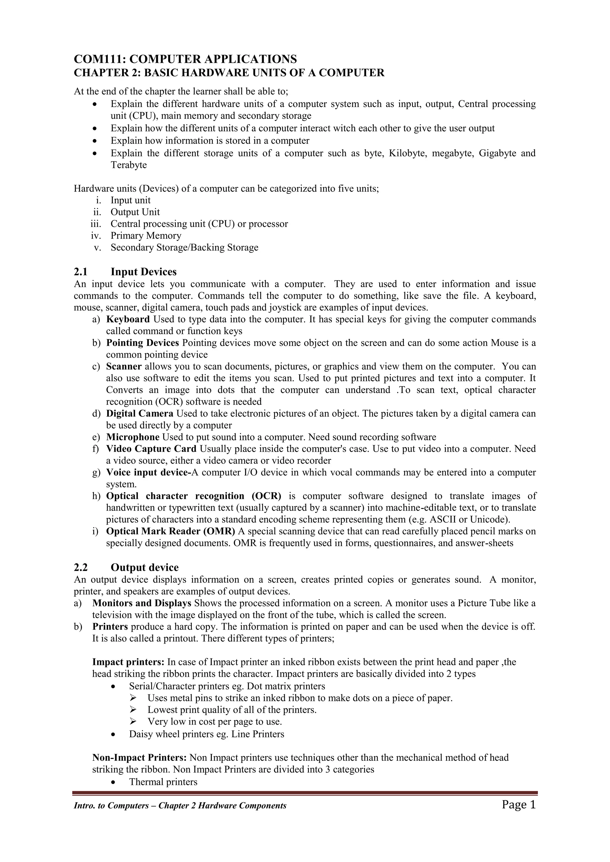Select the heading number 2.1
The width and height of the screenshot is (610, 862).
point(80,272)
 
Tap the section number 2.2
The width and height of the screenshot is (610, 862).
point(80,567)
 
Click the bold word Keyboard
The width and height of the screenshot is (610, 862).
point(128,319)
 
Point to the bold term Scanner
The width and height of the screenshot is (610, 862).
point(124,367)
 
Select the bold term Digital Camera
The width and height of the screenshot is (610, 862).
point(140,414)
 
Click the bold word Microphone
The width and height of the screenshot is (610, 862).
point(133,437)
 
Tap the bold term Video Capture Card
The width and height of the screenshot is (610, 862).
point(151,449)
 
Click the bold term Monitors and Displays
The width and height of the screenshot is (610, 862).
point(141,603)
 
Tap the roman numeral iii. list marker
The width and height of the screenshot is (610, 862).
point(96,224)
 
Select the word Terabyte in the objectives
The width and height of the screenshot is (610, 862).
point(128,165)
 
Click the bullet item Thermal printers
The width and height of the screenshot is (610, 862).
point(163,782)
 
